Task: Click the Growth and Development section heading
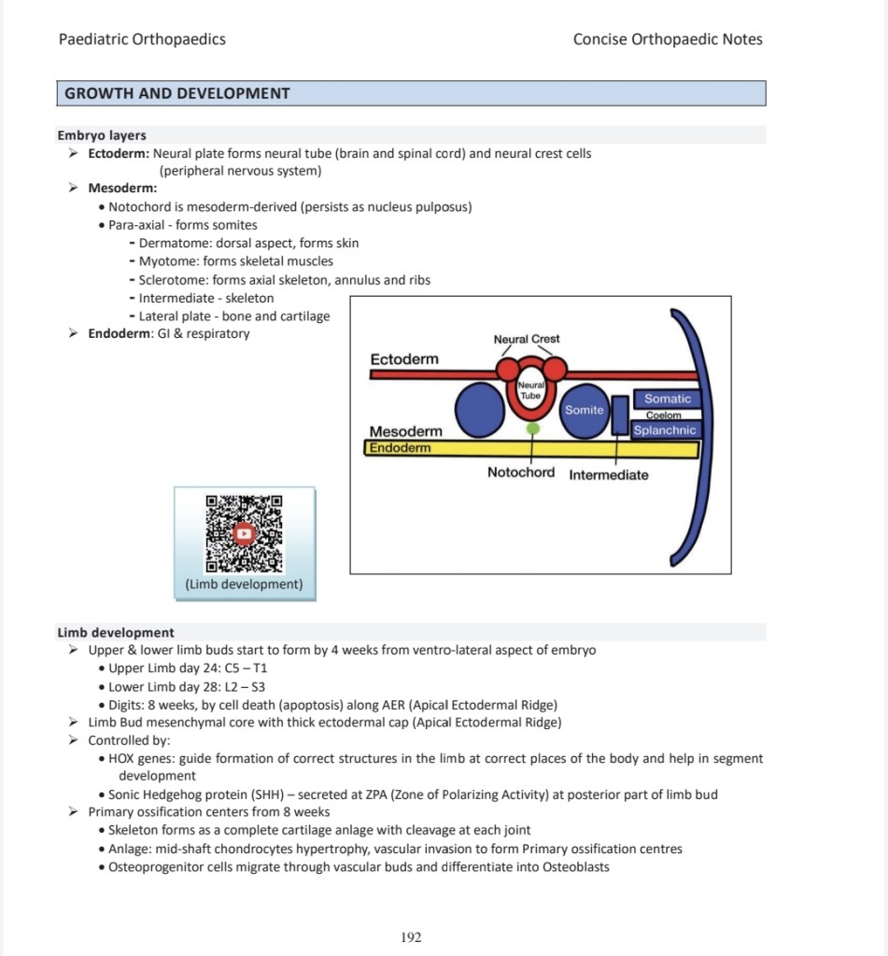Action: click(177, 93)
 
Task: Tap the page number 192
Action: click(411, 937)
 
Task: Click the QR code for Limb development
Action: click(244, 533)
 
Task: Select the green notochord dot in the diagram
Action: click(533, 429)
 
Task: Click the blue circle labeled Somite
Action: click(585, 409)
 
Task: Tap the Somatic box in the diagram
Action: click(668, 399)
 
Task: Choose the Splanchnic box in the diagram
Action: click(665, 430)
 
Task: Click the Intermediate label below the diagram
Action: click(609, 474)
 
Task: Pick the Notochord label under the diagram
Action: click(521, 472)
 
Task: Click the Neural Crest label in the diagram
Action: click(527, 339)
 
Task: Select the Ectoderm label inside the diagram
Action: click(404, 359)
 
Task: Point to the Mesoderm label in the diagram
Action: click(406, 431)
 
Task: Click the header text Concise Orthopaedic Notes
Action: click(668, 39)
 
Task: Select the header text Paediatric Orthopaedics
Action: click(142, 39)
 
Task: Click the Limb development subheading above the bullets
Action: click(116, 632)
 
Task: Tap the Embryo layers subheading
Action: click(102, 135)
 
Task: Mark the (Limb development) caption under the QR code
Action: click(245, 584)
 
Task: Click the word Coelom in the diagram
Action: click(664, 415)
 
